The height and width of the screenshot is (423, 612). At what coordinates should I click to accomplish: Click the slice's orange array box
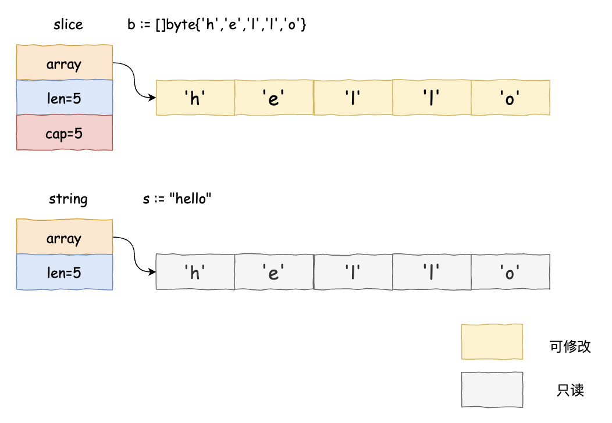(64, 63)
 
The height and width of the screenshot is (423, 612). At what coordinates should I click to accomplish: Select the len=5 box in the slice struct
(64, 98)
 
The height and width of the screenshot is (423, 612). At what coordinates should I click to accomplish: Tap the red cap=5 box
(64, 133)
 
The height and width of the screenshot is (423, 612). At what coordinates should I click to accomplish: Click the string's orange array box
(64, 237)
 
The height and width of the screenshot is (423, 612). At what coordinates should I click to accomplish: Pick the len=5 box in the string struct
(64, 272)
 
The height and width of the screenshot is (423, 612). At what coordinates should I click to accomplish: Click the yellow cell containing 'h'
(195, 98)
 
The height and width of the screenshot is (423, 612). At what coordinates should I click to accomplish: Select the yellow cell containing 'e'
(274, 98)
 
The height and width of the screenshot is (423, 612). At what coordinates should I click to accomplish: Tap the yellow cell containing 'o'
(510, 98)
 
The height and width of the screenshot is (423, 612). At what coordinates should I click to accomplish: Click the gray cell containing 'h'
(195, 272)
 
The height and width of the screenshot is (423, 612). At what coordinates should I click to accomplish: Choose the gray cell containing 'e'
(274, 272)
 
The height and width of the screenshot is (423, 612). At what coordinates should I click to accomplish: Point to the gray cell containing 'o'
(510, 272)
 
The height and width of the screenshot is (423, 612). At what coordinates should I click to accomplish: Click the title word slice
(68, 24)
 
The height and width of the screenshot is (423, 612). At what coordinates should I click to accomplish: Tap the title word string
(68, 199)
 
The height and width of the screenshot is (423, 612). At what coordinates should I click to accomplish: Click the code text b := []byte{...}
(216, 25)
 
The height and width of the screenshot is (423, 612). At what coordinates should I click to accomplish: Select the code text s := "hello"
(177, 199)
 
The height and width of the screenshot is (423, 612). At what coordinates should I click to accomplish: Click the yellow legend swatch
(492, 342)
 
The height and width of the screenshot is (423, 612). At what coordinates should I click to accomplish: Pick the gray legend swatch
(492, 390)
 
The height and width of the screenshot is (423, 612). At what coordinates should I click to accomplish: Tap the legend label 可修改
(570, 347)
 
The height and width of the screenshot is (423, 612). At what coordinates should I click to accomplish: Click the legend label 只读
(570, 390)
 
